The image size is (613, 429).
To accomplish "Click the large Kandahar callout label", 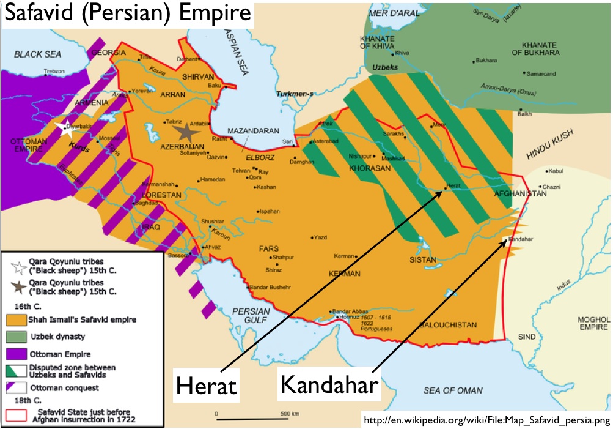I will pos(329,384).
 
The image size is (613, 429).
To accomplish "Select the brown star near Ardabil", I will pos(182,132).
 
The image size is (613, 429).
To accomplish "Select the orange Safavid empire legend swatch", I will pos(18,319).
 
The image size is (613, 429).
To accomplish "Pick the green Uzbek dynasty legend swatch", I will pos(18,337).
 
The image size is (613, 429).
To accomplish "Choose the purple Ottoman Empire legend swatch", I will pos(18,354).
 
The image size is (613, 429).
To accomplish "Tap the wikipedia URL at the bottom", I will pos(486,420).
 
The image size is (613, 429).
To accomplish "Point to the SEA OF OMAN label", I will pos(453,390).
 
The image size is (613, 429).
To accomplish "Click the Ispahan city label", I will pos(270,211).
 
